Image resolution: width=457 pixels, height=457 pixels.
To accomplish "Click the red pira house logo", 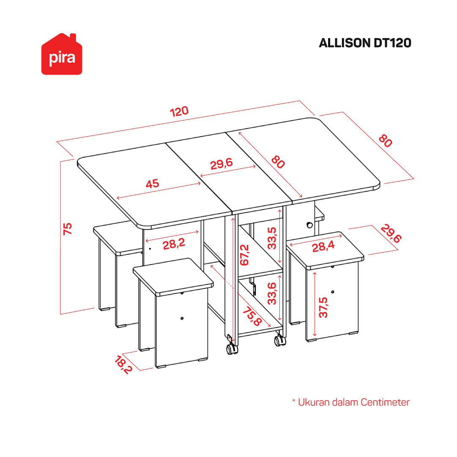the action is (x=62, y=54).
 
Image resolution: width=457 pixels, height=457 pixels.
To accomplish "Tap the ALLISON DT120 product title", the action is (x=365, y=43).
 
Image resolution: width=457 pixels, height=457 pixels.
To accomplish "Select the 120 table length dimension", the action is (x=179, y=111).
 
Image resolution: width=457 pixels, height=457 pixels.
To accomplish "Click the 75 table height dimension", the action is (x=68, y=228).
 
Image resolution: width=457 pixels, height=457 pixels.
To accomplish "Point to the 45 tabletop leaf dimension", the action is (x=153, y=184).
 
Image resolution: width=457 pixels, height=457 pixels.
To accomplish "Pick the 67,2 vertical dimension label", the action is (x=244, y=255).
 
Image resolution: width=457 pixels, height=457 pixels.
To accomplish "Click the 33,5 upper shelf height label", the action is (x=272, y=238).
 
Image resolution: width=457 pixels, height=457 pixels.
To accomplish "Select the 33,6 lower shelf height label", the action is (x=272, y=294).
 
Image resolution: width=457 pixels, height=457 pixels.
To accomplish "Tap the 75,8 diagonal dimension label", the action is (x=252, y=316).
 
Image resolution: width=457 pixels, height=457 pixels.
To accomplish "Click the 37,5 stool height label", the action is (x=323, y=307).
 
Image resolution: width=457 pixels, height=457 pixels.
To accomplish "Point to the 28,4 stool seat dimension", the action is (x=323, y=247).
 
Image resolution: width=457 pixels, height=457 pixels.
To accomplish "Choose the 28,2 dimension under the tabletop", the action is (x=174, y=244).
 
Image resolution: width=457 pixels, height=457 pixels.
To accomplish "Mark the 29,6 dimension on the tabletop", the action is (x=222, y=164).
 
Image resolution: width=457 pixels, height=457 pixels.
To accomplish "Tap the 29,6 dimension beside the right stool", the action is (x=391, y=233).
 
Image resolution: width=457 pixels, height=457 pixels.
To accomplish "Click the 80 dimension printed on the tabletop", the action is (x=278, y=162).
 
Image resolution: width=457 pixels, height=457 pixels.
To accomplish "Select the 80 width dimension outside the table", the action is (x=385, y=141).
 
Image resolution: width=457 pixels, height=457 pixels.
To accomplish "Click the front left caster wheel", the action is (x=232, y=349).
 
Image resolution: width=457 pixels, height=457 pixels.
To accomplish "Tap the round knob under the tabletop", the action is (x=309, y=225).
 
